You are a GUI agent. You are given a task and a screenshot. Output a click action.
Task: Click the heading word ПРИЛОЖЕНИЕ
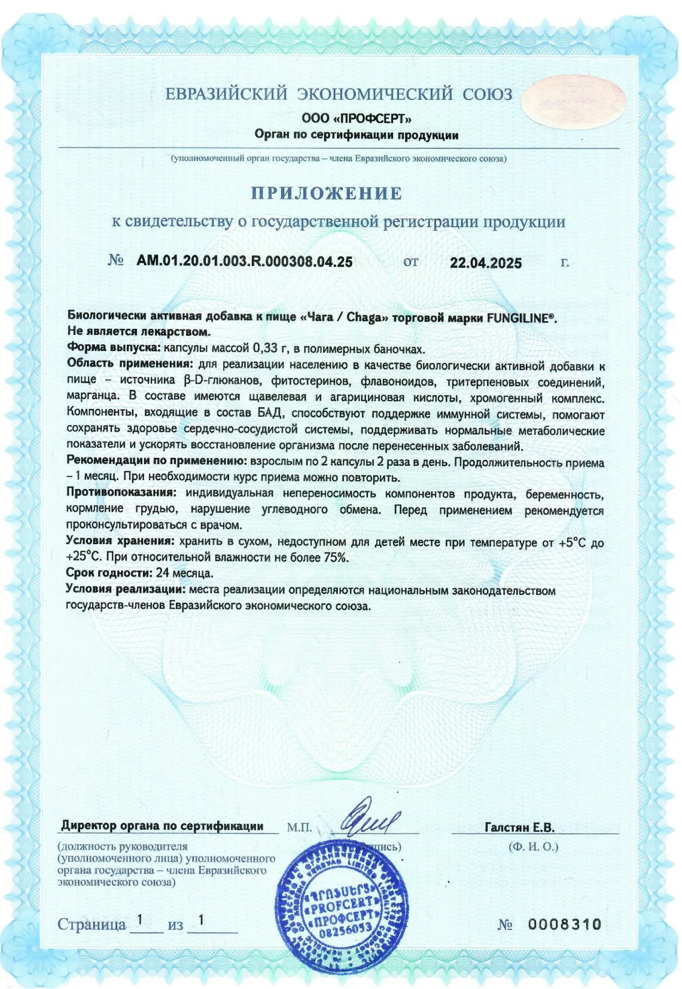[x=326, y=193]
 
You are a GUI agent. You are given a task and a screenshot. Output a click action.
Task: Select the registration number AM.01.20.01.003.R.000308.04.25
[x=244, y=261]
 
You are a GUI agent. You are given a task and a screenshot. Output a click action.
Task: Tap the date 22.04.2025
[x=486, y=263]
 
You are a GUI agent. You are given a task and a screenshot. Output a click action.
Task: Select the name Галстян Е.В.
[x=519, y=828]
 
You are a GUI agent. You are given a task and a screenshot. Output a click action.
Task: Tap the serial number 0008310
[x=565, y=924]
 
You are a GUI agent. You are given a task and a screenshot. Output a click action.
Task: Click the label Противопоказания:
[x=121, y=493]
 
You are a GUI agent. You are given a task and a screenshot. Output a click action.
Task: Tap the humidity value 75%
[x=336, y=557]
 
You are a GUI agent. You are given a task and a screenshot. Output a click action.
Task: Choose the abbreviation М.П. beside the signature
[x=299, y=828]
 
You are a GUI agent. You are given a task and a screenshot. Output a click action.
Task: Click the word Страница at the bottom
[x=92, y=924]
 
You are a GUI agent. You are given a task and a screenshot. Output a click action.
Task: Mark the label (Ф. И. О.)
[x=533, y=847]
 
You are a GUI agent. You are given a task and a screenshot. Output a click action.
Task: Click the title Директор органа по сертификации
[x=162, y=826]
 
